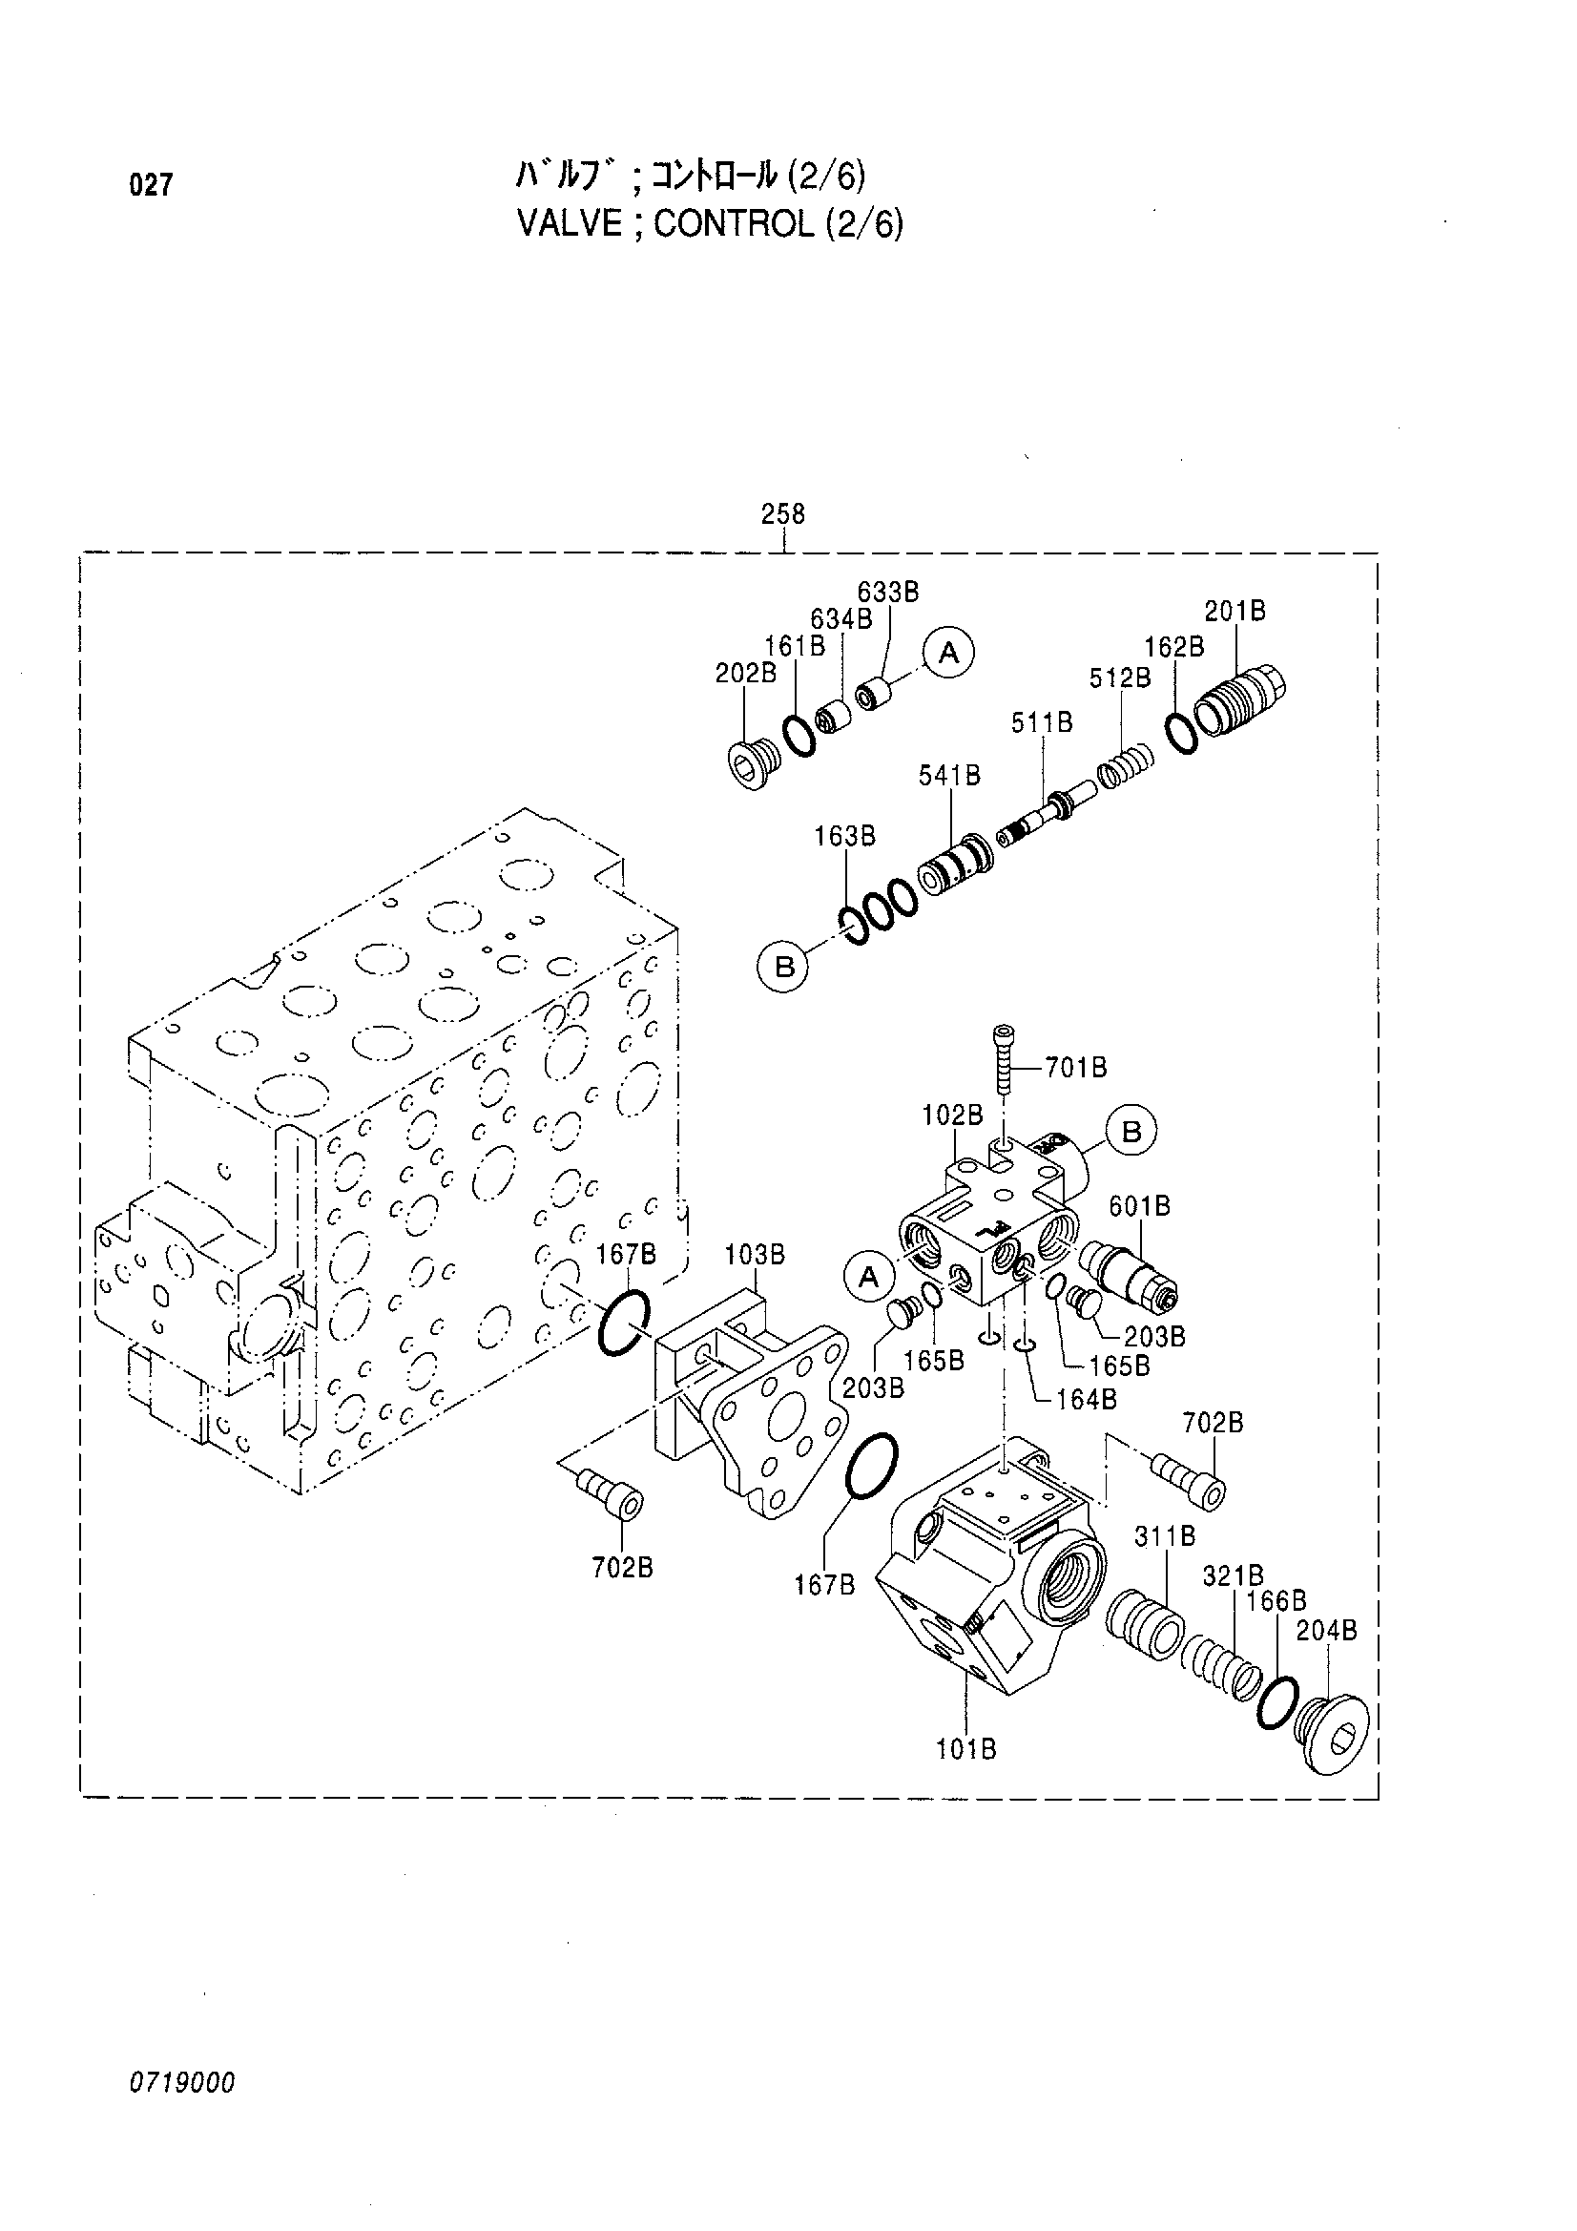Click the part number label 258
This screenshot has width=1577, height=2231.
[782, 513]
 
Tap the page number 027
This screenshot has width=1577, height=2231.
[151, 184]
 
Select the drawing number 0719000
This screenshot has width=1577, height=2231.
[181, 2082]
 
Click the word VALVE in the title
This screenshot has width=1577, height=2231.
[570, 223]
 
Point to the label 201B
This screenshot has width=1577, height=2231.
[1235, 612]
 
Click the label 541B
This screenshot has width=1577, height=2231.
[949, 776]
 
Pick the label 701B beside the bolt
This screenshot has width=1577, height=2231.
[1076, 1068]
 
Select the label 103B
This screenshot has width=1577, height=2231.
[755, 1255]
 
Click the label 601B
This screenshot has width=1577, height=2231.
[1140, 1206]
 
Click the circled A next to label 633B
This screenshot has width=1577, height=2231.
[948, 653]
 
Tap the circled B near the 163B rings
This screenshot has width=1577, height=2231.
[783, 968]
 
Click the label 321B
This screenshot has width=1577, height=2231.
[1233, 1575]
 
